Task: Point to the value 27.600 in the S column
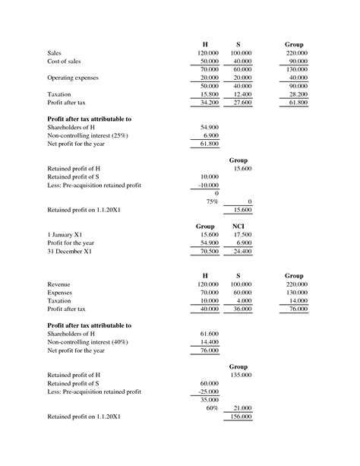(241, 102)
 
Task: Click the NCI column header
(238, 227)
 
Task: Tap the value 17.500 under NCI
(241, 235)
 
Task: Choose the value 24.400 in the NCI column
(241, 252)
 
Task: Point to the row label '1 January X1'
(65, 235)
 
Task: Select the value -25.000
(207, 392)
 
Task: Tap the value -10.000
(207, 185)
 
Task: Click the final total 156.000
(241, 417)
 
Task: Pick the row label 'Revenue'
(62, 284)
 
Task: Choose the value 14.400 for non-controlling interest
(208, 342)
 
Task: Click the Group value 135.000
(241, 375)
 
